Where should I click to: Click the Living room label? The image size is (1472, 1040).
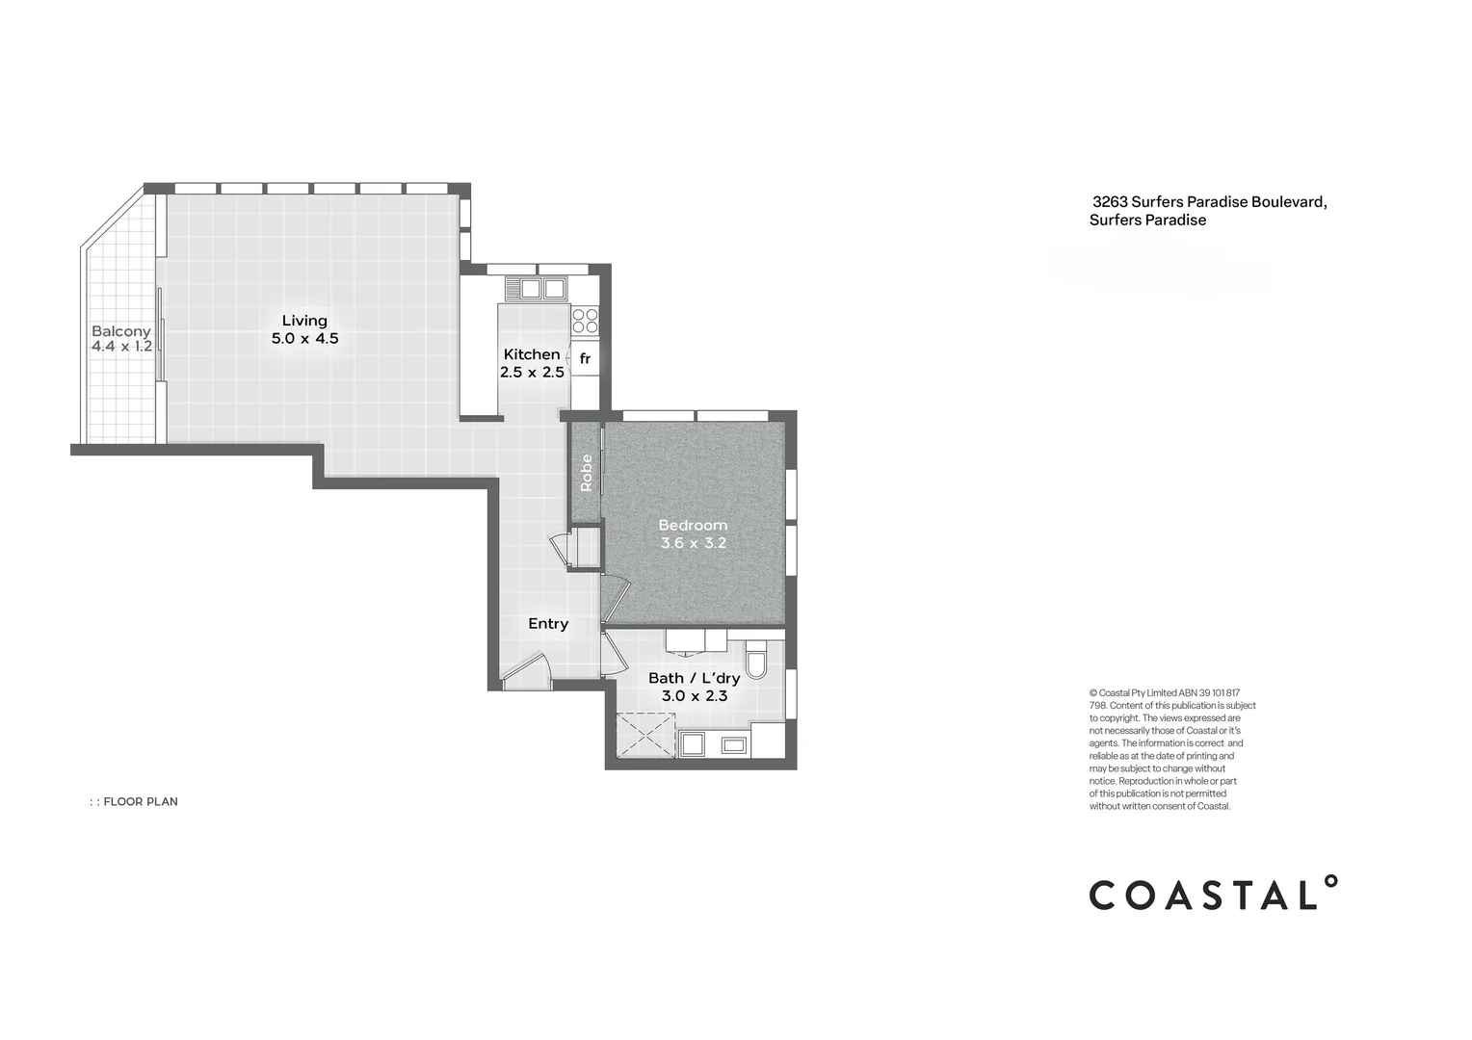[304, 321]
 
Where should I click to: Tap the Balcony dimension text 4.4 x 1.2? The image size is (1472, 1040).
[121, 347]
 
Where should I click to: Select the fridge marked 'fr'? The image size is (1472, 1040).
[585, 359]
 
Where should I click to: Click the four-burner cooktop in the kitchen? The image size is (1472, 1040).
[585, 321]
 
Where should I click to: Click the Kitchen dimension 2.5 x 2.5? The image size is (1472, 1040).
[532, 372]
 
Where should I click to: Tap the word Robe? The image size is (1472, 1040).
[586, 473]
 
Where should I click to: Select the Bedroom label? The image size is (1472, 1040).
[693, 525]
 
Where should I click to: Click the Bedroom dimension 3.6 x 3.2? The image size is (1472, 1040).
[693, 543]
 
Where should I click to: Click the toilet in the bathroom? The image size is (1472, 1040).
[756, 662]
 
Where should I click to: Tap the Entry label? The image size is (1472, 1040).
[548, 624]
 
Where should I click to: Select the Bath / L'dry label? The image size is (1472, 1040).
[694, 678]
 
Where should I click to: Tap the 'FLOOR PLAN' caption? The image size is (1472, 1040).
[140, 801]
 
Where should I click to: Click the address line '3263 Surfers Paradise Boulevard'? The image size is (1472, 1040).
[1209, 202]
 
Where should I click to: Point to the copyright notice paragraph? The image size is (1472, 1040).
[1171, 749]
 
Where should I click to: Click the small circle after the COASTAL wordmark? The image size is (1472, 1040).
[1330, 881]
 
